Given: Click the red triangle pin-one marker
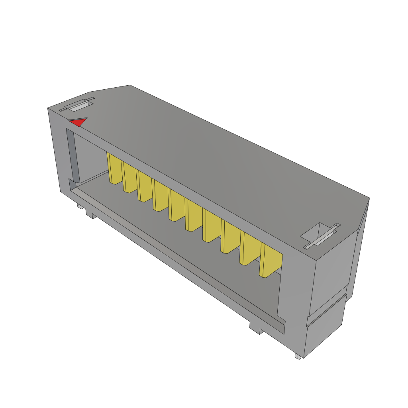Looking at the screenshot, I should tap(78, 122).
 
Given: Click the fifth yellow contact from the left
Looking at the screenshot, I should tap(177, 205).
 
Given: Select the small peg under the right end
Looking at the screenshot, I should tap(297, 356).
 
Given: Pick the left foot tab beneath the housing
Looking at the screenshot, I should tap(91, 215).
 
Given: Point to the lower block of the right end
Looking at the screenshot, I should tap(325, 333).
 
